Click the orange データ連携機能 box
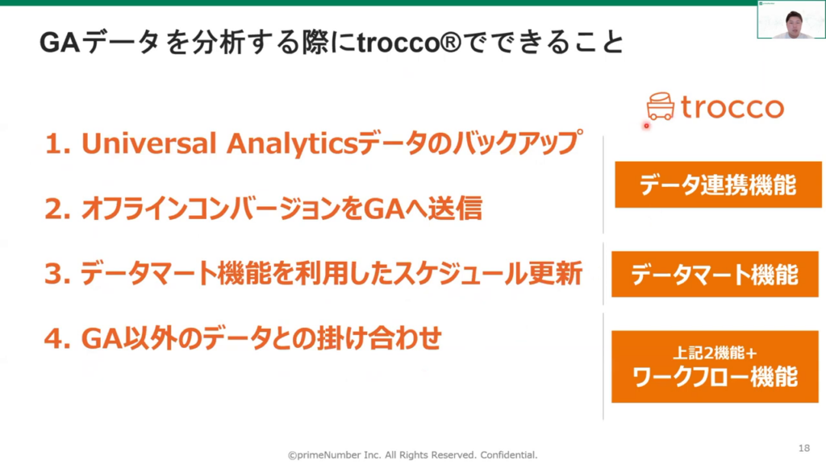point(718,184)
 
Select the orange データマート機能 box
point(715,274)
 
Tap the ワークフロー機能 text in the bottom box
point(715,377)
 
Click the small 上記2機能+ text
point(715,353)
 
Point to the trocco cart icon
point(660,106)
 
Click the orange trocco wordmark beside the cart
point(732,107)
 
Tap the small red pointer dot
point(646,126)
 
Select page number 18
point(804,448)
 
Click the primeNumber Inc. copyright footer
point(412,455)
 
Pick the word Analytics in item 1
point(292,143)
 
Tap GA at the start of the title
point(60,43)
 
